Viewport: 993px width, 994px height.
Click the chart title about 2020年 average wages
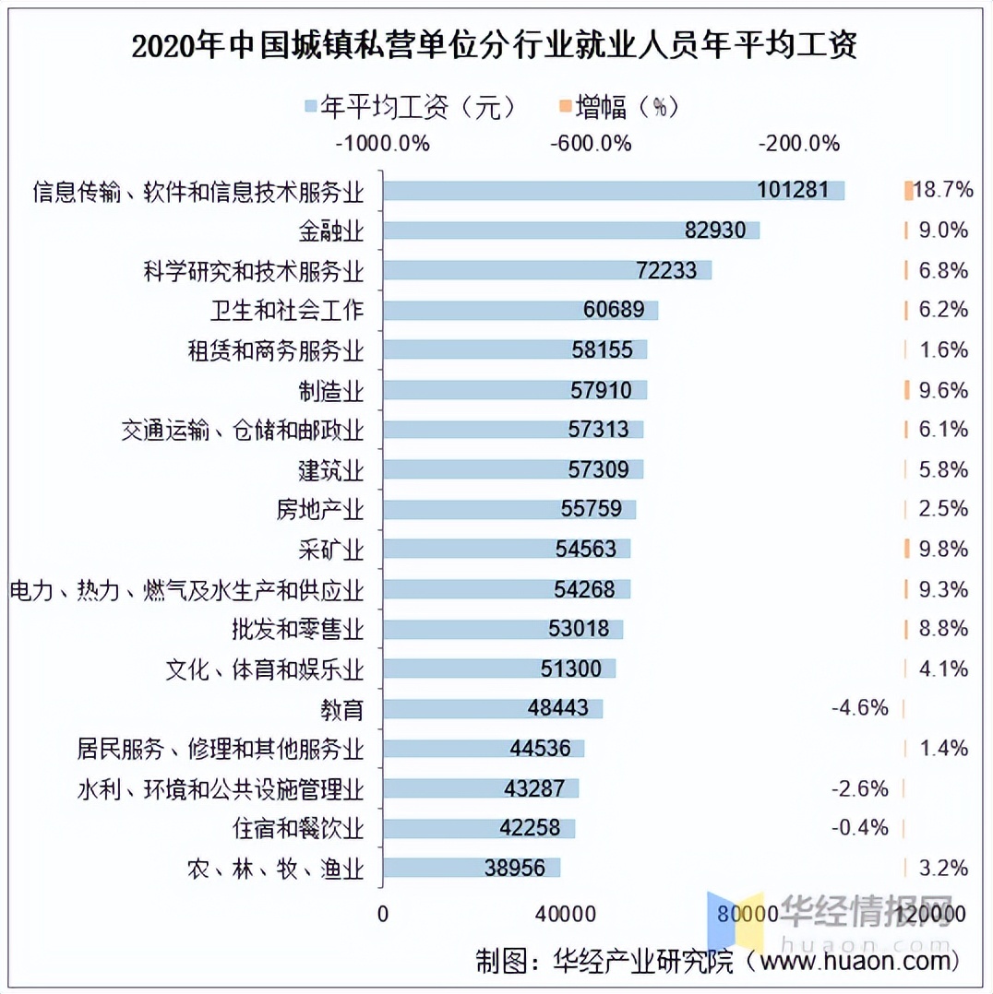coord(496,45)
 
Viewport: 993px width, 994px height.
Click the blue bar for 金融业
coord(571,231)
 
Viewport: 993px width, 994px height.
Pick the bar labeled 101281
coord(614,190)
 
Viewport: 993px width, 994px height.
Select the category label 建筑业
coord(330,470)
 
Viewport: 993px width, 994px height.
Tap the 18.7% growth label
coord(943,191)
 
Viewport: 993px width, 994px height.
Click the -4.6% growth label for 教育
coord(859,708)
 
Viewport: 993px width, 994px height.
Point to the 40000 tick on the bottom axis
coord(565,914)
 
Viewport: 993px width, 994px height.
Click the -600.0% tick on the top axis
coord(591,144)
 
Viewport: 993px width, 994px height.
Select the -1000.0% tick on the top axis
coord(383,144)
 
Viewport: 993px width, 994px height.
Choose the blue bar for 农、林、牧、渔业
coord(472,868)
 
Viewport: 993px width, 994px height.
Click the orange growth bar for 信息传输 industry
coord(909,191)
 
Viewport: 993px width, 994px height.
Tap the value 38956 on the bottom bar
coord(521,868)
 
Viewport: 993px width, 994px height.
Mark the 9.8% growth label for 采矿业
coord(943,550)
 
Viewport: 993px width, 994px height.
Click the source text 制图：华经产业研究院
coord(604,962)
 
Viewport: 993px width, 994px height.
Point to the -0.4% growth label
coord(859,828)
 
